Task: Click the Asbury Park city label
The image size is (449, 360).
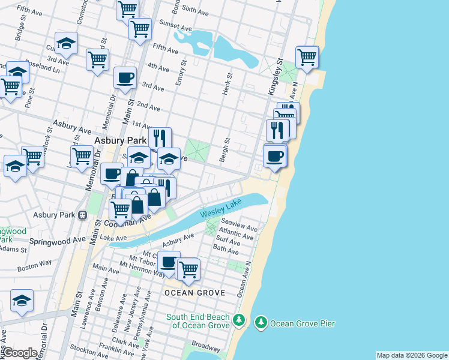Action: pyautogui.click(x=117, y=141)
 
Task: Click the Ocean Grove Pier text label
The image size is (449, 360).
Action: pyautogui.click(x=303, y=323)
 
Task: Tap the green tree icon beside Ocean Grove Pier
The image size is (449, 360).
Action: pyautogui.click(x=261, y=323)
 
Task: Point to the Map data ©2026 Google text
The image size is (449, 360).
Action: pyautogui.click(x=412, y=355)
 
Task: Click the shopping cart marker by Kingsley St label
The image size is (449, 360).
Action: pyautogui.click(x=307, y=58)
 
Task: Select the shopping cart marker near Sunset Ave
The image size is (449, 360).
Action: pyautogui.click(x=140, y=28)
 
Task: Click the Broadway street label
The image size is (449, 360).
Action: pyautogui.click(x=206, y=346)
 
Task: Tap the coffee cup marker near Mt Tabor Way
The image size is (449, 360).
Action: pyautogui.click(x=169, y=262)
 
